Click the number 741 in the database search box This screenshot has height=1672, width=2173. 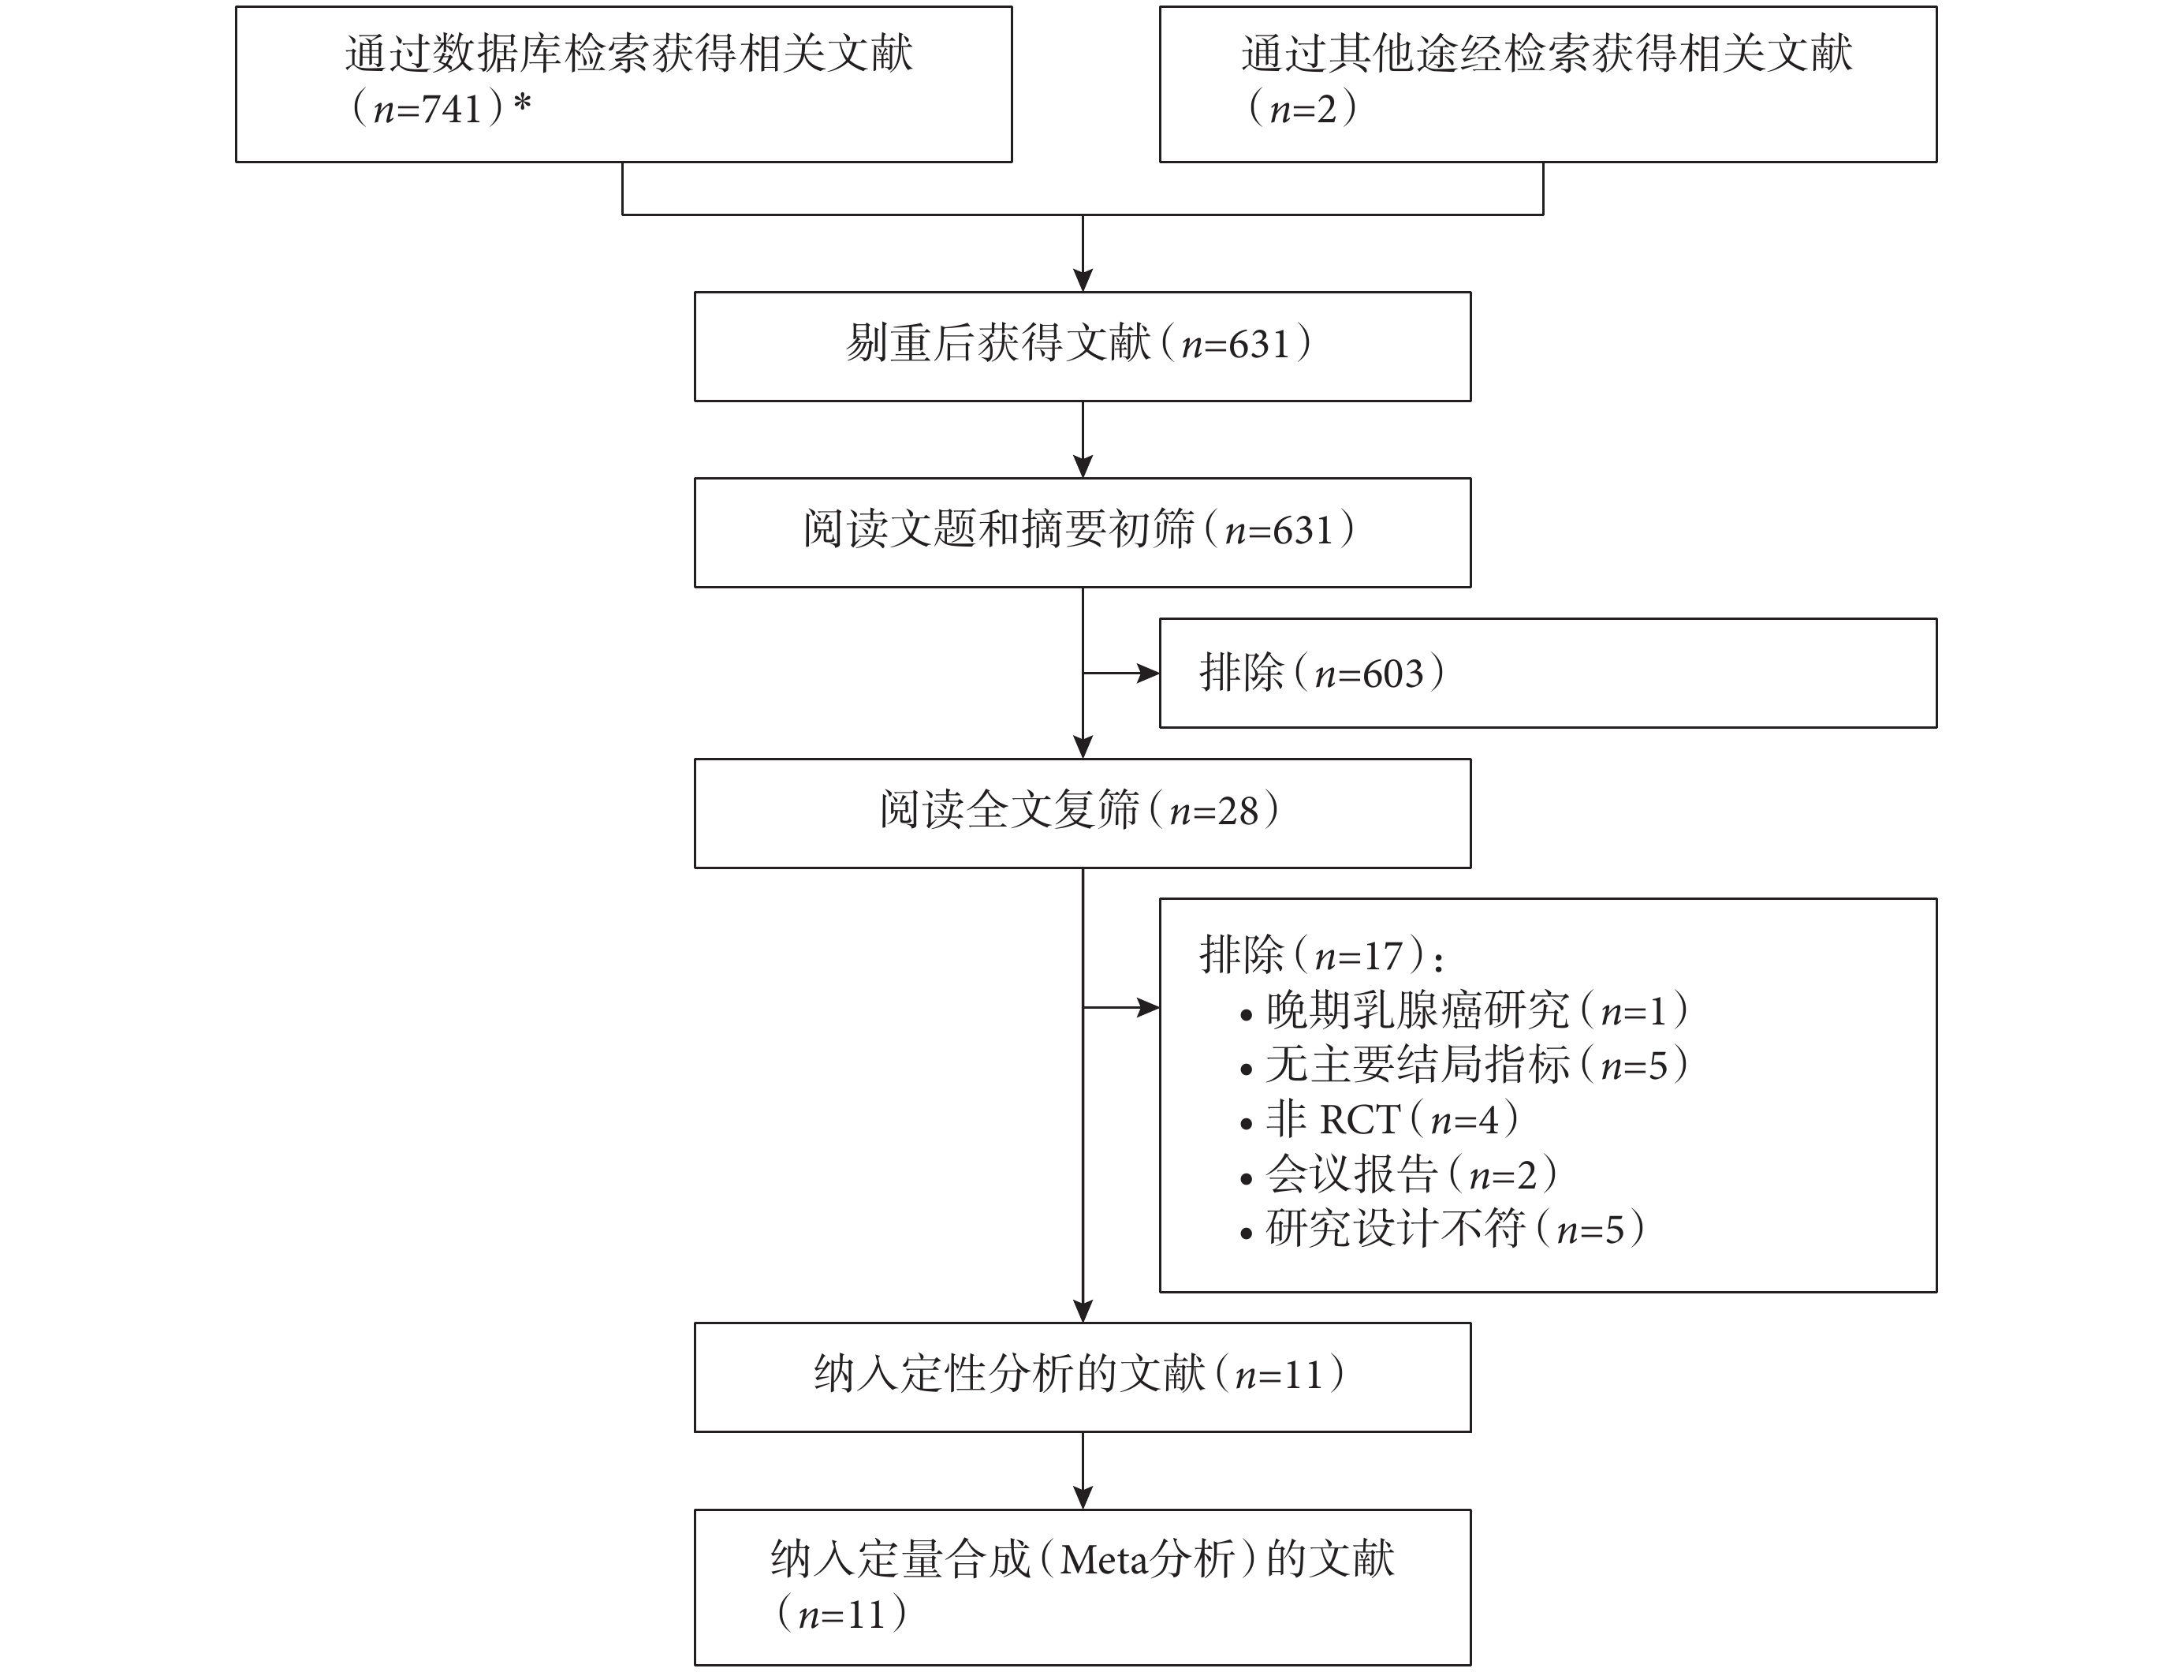pyautogui.click(x=453, y=110)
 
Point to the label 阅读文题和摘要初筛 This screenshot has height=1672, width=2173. pyautogui.click(x=999, y=531)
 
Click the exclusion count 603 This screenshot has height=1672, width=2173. pyautogui.click(x=1393, y=675)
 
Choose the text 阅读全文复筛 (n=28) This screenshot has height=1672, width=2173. pyautogui.click(x=1079, y=811)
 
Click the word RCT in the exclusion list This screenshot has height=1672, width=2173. pyautogui.click(x=1360, y=1121)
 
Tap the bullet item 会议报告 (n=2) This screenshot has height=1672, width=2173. pyautogui.click(x=1399, y=1175)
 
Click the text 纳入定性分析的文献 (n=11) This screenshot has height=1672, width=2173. pyautogui.click(x=1079, y=1375)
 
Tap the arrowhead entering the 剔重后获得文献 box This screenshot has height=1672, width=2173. pyautogui.click(x=1083, y=280)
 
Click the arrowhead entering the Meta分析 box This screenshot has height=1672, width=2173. pyautogui.click(x=1083, y=1498)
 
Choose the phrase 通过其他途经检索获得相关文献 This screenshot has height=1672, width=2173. pyautogui.click(x=1546, y=54)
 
